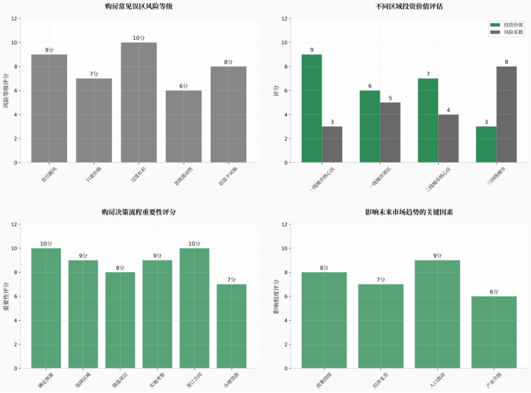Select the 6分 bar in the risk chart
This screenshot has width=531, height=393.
[x=184, y=126]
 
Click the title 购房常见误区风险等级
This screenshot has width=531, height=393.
[x=139, y=7]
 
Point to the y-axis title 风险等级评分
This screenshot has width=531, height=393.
[x=6, y=91]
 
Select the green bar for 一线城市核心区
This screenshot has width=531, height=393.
[x=311, y=108]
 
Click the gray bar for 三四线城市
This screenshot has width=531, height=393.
[x=507, y=114]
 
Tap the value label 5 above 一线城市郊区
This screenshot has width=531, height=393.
[x=391, y=98]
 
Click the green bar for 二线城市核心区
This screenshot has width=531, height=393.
[x=428, y=120]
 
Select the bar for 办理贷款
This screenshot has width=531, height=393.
[x=232, y=326]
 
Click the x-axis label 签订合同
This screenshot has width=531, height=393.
[x=193, y=380]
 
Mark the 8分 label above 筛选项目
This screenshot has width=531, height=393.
[x=120, y=268]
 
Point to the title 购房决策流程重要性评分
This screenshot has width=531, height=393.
[x=139, y=212]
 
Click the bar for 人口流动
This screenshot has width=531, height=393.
[x=437, y=313]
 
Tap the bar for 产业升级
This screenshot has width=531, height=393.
[x=494, y=332]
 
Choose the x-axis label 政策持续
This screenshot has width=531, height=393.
[x=324, y=380]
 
